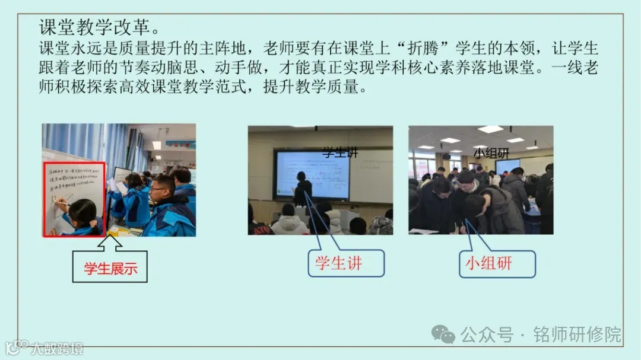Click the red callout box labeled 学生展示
(x=110, y=267)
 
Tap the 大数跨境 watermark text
(x=57, y=348)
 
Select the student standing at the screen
(x=303, y=190)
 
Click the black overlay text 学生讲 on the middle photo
(x=340, y=152)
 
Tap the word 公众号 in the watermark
(x=487, y=334)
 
